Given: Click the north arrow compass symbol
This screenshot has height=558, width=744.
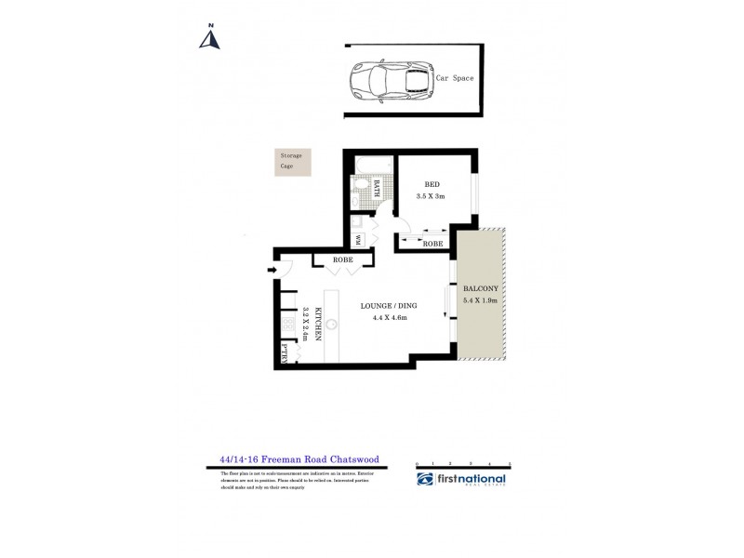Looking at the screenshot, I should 211,36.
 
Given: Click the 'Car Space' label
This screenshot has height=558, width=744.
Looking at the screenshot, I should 455,79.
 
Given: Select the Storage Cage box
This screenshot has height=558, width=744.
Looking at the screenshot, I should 293,160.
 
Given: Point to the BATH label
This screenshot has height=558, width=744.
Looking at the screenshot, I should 377,189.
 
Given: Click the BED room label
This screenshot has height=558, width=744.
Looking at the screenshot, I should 432,184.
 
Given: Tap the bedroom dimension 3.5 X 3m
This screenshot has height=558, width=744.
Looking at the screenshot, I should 432,196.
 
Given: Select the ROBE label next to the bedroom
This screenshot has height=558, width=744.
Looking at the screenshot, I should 432,243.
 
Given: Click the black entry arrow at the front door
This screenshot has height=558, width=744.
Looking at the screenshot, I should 271,271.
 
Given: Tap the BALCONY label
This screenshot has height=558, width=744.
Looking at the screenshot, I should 481,289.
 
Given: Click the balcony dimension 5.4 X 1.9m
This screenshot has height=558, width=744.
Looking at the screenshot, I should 481,300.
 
